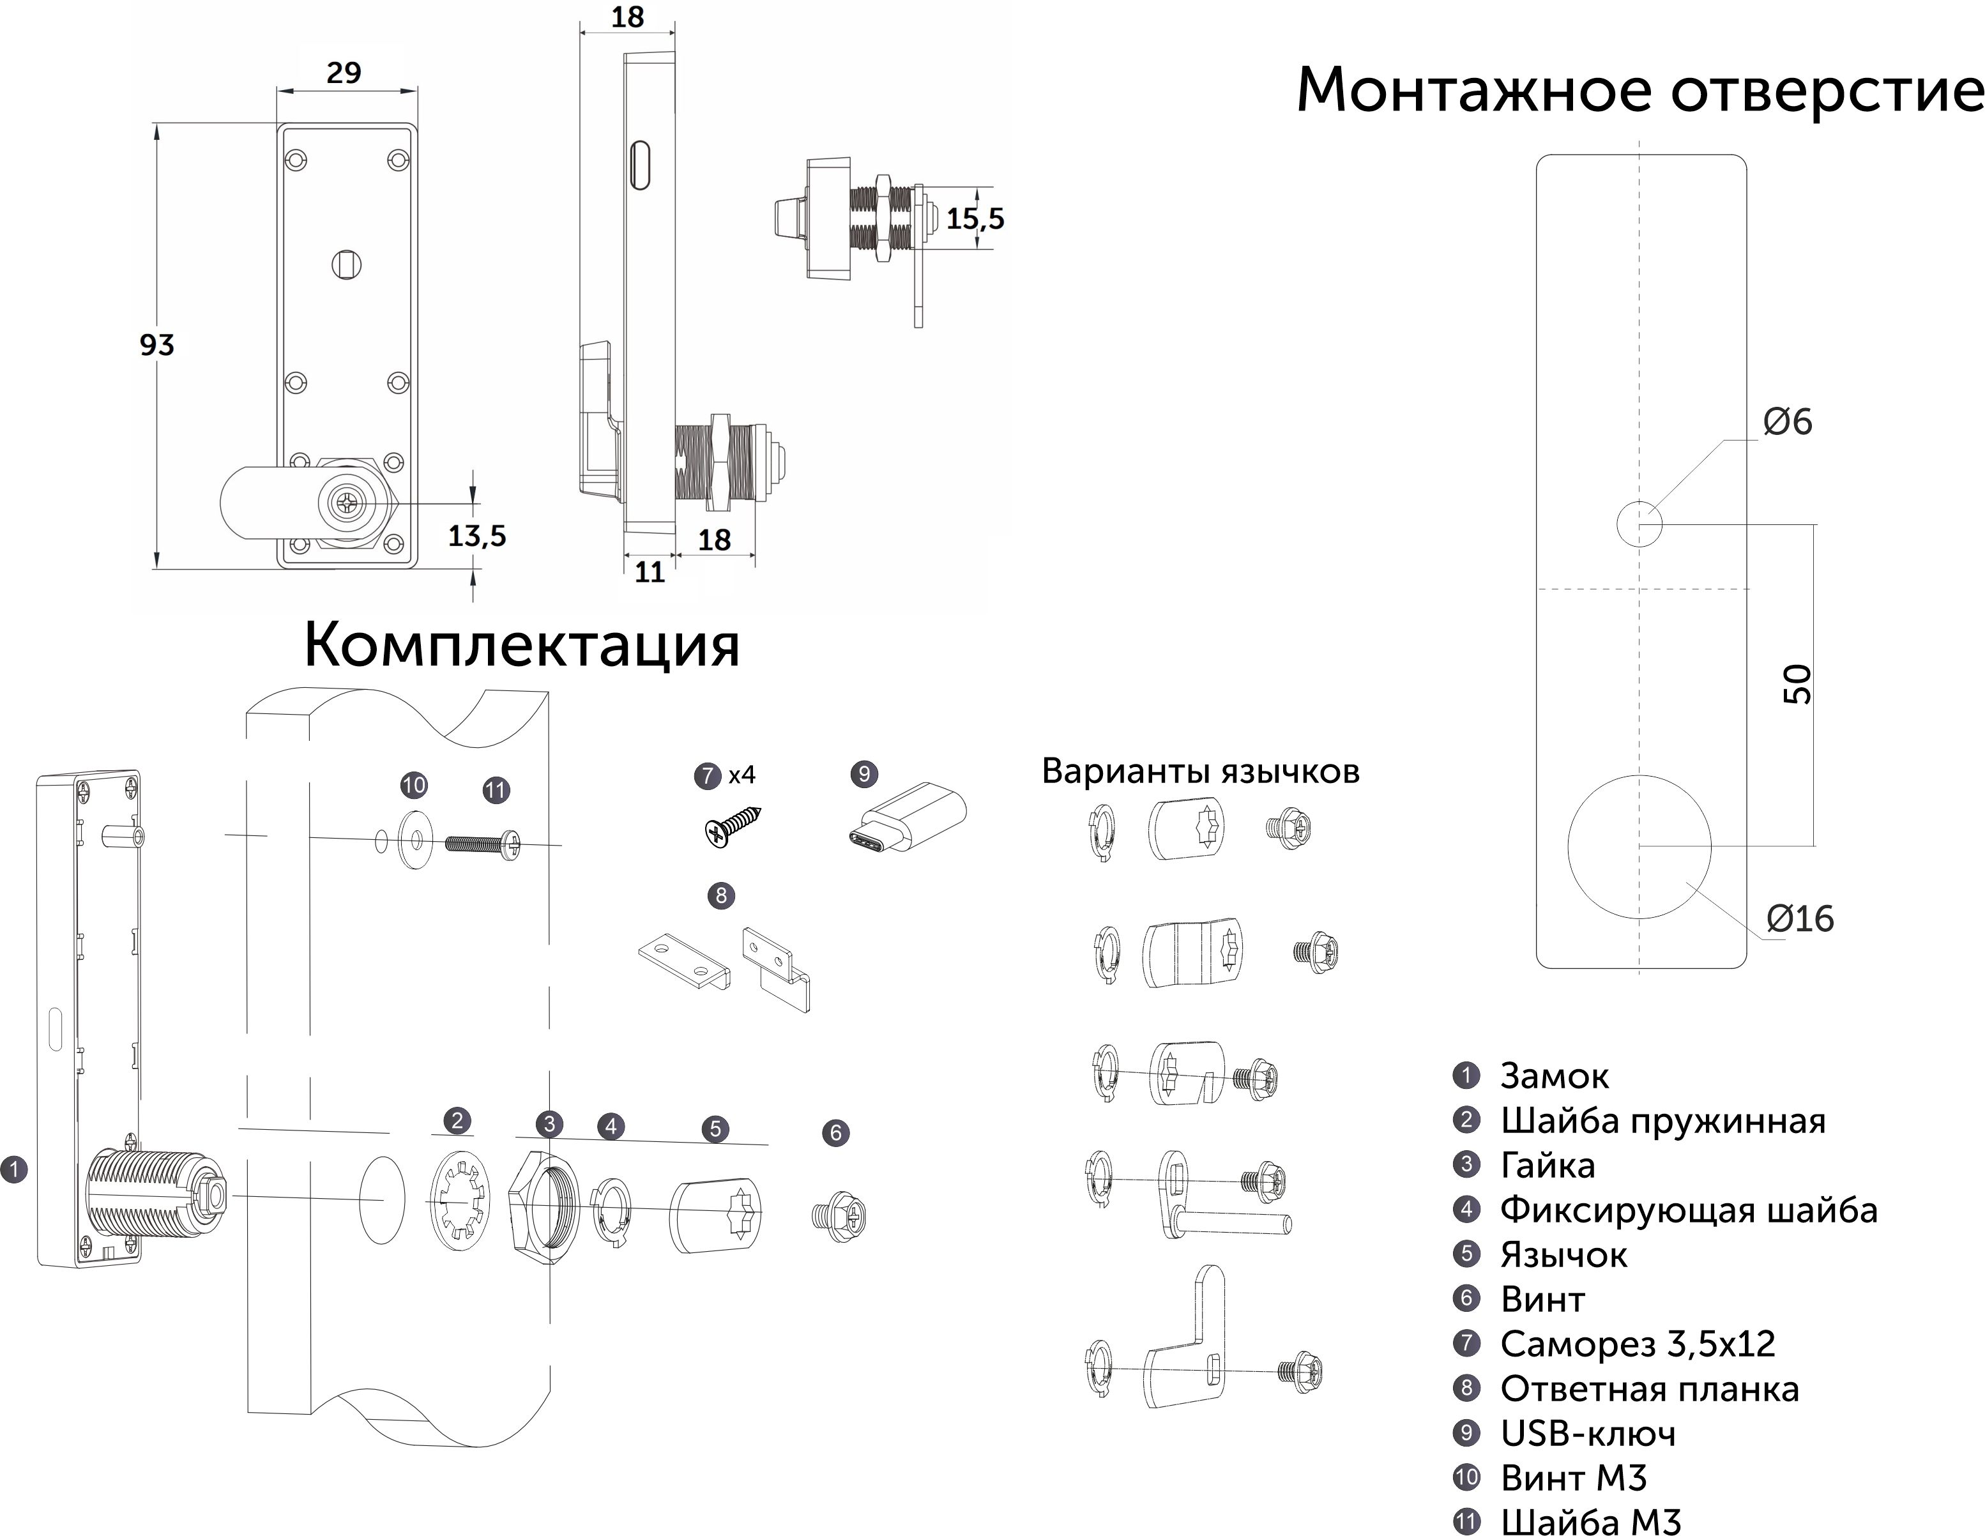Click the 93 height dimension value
coord(156,346)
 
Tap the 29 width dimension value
coord(344,73)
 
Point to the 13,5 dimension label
coord(476,536)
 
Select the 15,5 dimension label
coord(975,219)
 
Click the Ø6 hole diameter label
coord(1787,423)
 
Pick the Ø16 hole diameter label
coord(1800,919)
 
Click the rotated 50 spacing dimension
coord(1797,685)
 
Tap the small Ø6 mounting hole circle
coord(1639,524)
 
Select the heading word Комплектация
coord(522,645)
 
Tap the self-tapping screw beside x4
coord(733,826)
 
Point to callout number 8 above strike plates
coord(720,895)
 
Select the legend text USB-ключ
coord(1588,1433)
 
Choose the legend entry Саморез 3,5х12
coord(1637,1343)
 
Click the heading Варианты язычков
coord(1199,771)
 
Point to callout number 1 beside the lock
coord(15,1169)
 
